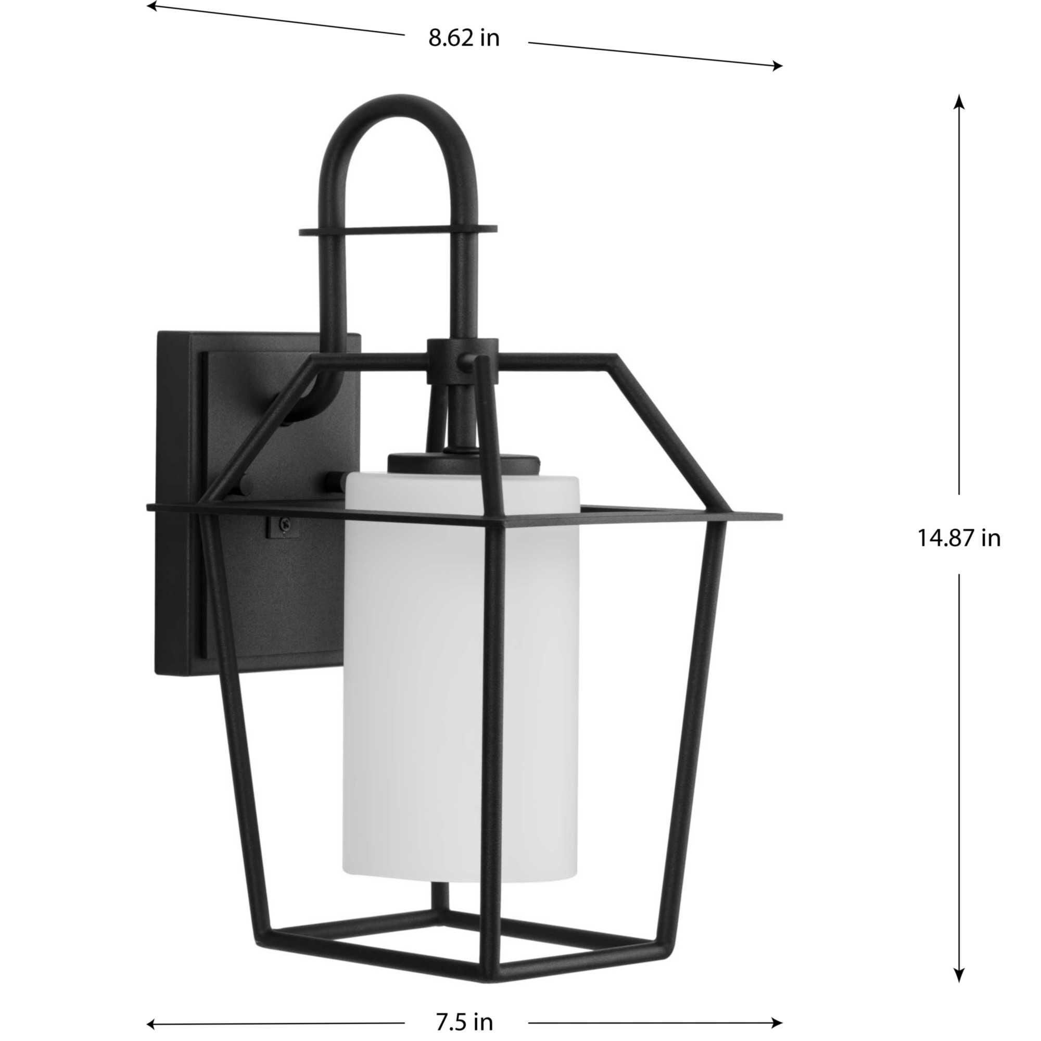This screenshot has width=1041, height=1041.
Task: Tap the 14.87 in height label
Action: pyautogui.click(x=959, y=538)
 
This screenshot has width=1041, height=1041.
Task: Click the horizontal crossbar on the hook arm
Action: pyautogui.click(x=399, y=231)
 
